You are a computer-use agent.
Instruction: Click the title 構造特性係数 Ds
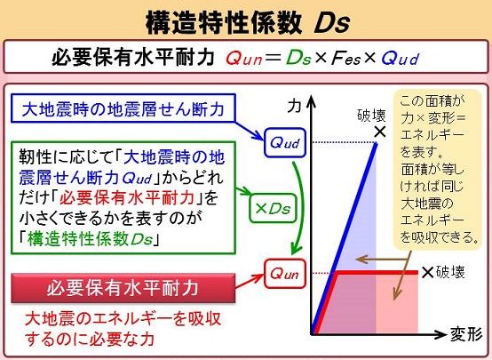pyautogui.click(x=248, y=22)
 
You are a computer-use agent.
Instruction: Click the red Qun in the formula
pyautogui.click(x=244, y=59)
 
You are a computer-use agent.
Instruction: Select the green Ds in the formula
pyautogui.click(x=298, y=58)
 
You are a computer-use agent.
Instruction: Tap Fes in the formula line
pyautogui.click(x=345, y=59)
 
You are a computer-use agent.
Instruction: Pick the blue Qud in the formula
pyautogui.click(x=401, y=59)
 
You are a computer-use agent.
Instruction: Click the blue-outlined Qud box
pyautogui.click(x=285, y=142)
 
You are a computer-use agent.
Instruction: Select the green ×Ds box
pyautogui.click(x=273, y=208)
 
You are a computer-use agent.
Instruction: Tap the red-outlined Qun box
pyautogui.click(x=285, y=274)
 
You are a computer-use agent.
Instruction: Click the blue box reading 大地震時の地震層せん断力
pyautogui.click(x=123, y=108)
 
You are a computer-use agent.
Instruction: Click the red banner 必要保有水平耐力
pyautogui.click(x=123, y=288)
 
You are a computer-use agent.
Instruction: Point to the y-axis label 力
pyautogui.click(x=294, y=106)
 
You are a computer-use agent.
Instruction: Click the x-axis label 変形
pyautogui.click(x=466, y=334)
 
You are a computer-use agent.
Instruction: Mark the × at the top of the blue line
pyautogui.click(x=380, y=132)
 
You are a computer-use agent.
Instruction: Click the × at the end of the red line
pyautogui.click(x=427, y=272)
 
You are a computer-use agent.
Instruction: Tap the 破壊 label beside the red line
pyautogui.click(x=450, y=272)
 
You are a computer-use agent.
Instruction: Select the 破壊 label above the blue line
pyautogui.click(x=371, y=116)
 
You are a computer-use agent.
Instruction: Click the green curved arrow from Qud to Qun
pyautogui.click(x=303, y=207)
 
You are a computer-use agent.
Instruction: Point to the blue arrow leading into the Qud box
pyautogui.click(x=250, y=131)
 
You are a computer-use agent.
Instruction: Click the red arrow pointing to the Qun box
pyautogui.click(x=250, y=281)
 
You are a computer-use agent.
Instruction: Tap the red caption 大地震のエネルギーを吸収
pyautogui.click(x=123, y=319)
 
